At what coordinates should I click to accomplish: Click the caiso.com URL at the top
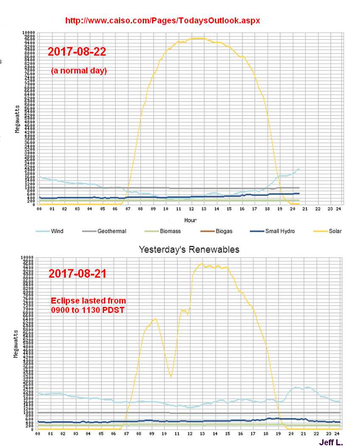[x=162, y=20]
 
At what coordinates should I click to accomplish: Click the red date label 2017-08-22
[x=77, y=52]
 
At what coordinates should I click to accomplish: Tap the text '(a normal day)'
[x=79, y=71]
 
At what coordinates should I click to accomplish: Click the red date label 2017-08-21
[x=77, y=274]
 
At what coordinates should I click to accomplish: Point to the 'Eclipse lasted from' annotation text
[x=89, y=301]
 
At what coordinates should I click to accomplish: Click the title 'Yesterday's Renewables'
[x=189, y=250]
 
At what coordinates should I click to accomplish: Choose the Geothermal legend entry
[x=111, y=231]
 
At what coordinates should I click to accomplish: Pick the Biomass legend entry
[x=170, y=231]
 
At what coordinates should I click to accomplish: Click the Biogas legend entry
[x=223, y=231]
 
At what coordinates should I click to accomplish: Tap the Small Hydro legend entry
[x=280, y=231]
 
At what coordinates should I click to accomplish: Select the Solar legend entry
[x=334, y=231]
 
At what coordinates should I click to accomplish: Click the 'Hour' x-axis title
[x=189, y=220]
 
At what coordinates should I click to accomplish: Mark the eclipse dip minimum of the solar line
[x=171, y=377]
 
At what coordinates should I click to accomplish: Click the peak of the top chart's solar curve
[x=197, y=38]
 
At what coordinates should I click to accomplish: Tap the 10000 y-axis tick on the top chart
[x=29, y=32]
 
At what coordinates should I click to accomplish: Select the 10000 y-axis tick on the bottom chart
[x=28, y=257]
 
